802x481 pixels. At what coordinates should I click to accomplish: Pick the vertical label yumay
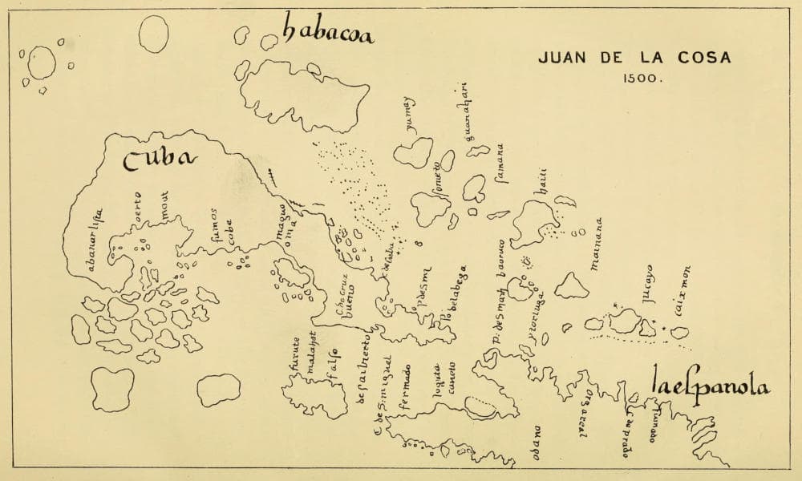pyautogui.click(x=412, y=115)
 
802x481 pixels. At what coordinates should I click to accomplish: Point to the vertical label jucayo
pyautogui.click(x=646, y=286)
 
